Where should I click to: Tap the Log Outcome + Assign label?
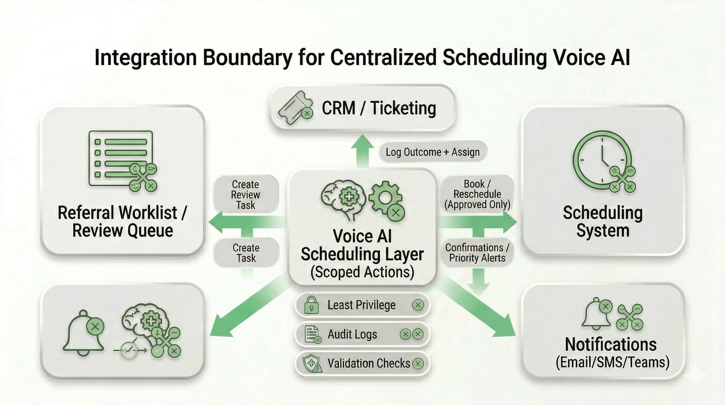[x=433, y=152]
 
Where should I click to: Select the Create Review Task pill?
[x=246, y=195]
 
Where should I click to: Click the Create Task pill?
[x=246, y=253]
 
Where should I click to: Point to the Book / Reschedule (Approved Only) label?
[x=477, y=194]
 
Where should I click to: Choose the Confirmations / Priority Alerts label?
[x=477, y=253]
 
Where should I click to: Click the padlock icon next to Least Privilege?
[x=311, y=305]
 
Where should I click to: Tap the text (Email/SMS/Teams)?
[x=613, y=362]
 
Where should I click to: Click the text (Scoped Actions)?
[x=362, y=272]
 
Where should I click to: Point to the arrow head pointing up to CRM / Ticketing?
[x=362, y=142]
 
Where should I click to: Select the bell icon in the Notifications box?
[x=596, y=314]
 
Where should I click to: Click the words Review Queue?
[x=123, y=230]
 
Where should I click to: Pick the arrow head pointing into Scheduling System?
[x=510, y=222]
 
